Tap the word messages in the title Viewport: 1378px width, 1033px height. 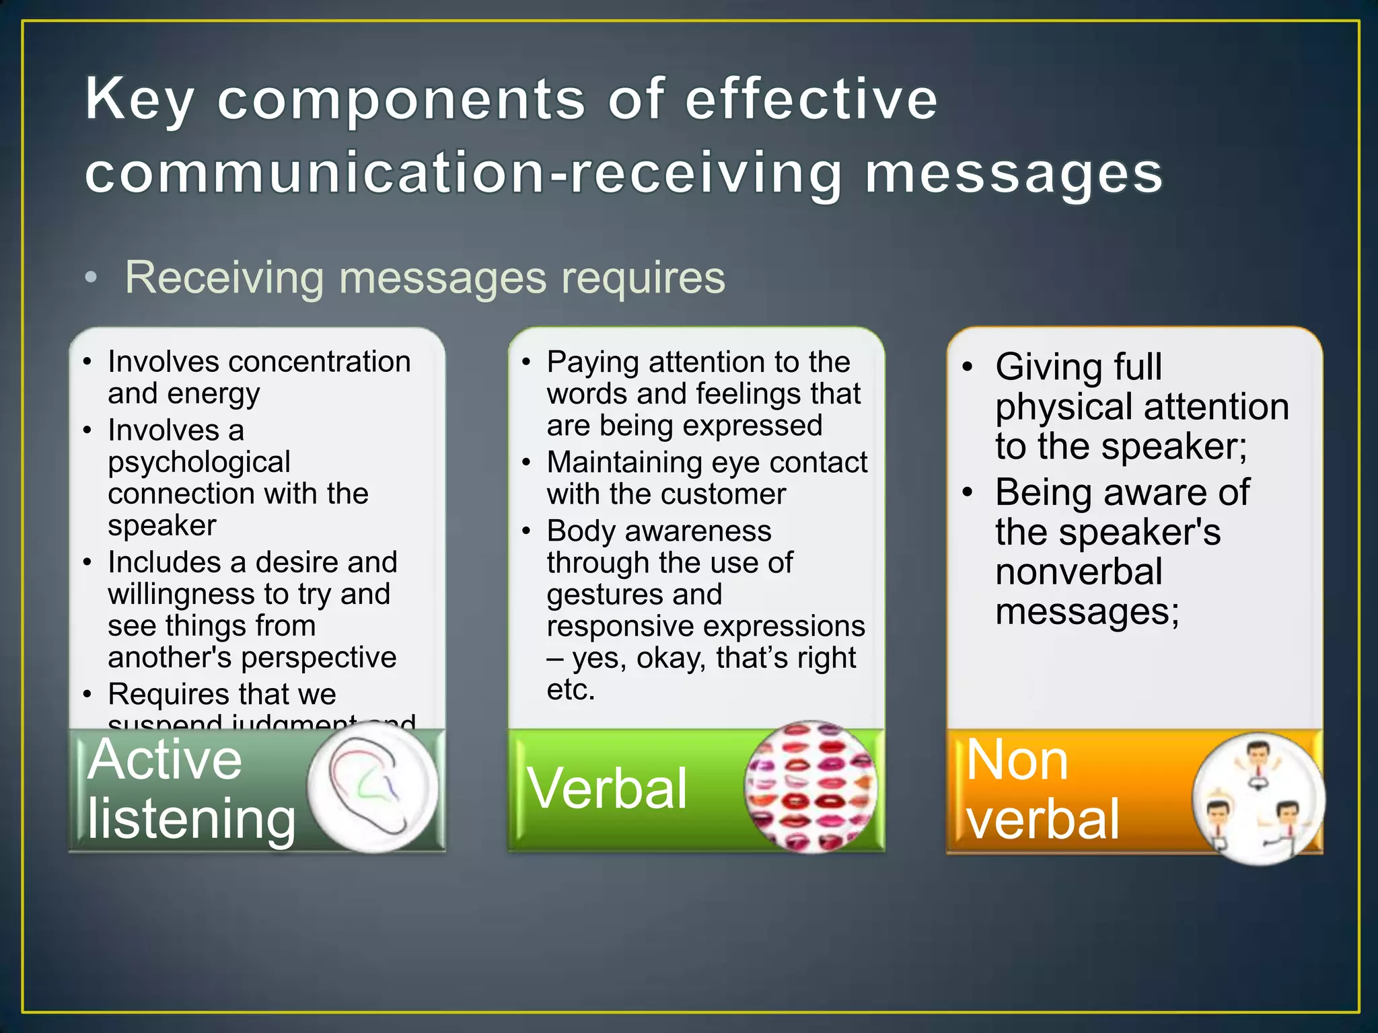pyautogui.click(x=1013, y=173)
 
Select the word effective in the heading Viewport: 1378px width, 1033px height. pyautogui.click(x=811, y=99)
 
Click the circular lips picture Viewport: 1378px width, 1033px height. pyautogui.click(x=811, y=787)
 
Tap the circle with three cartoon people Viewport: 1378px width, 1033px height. pyautogui.click(x=1258, y=798)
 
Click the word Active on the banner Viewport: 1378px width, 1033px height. pyautogui.click(x=165, y=760)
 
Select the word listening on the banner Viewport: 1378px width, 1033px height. pyautogui.click(x=191, y=818)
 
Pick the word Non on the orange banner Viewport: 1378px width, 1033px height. pyautogui.click(x=1017, y=760)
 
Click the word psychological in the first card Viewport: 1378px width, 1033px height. pyautogui.click(x=199, y=462)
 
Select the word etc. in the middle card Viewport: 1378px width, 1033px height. pyautogui.click(x=571, y=689)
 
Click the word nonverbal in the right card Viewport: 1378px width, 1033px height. pyautogui.click(x=1079, y=572)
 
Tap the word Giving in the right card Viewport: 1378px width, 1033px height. pyautogui.click(x=1045, y=367)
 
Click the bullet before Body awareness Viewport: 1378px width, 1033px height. pyautogui.click(x=527, y=531)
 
